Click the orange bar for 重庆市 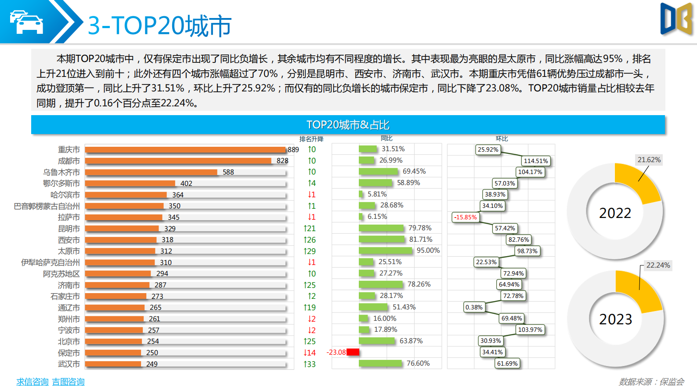click(184, 150)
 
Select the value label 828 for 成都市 click(282, 161)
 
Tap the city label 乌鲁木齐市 click(61, 172)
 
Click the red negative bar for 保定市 click(353, 352)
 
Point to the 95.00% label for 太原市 click(428, 250)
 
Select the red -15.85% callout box click(466, 217)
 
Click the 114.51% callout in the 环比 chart click(535, 161)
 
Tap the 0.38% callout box click(474, 307)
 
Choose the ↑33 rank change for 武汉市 click(310, 364)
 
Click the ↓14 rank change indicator click(310, 352)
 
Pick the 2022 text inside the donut click(615, 213)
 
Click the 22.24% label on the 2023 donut click(658, 265)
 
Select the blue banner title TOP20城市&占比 click(348, 125)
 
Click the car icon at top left click(26, 22)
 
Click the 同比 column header click(386, 138)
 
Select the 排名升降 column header click(311, 139)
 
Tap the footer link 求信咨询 click(32, 381)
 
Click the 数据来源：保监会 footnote click(651, 381)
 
